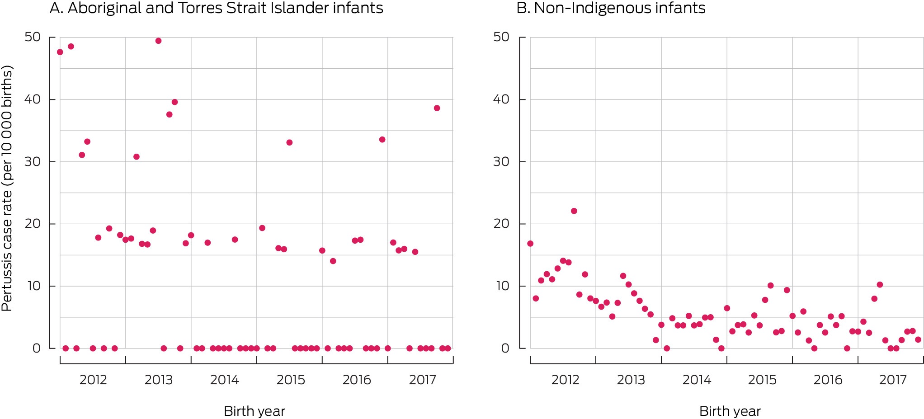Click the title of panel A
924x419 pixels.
(x=217, y=8)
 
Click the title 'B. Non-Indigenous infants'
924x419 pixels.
(x=611, y=8)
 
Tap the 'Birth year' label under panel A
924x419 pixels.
(x=255, y=411)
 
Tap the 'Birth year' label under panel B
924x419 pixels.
(x=730, y=411)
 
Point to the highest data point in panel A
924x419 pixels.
(x=158, y=41)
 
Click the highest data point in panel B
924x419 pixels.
(x=574, y=211)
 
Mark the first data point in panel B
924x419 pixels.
(x=530, y=244)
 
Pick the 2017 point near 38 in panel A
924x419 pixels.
(x=437, y=108)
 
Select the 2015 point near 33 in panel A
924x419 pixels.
(x=289, y=142)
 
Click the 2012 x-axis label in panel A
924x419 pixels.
(x=93, y=380)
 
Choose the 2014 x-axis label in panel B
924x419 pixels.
(x=697, y=380)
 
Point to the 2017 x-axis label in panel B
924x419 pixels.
(x=893, y=380)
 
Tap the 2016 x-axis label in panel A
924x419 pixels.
(x=357, y=380)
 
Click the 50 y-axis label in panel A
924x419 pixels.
(x=33, y=37)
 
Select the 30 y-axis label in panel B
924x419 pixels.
(x=501, y=161)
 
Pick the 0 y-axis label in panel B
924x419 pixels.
(x=505, y=348)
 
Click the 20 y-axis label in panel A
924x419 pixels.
(x=33, y=223)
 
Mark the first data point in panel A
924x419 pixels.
(x=60, y=52)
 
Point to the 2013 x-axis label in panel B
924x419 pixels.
(x=631, y=380)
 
